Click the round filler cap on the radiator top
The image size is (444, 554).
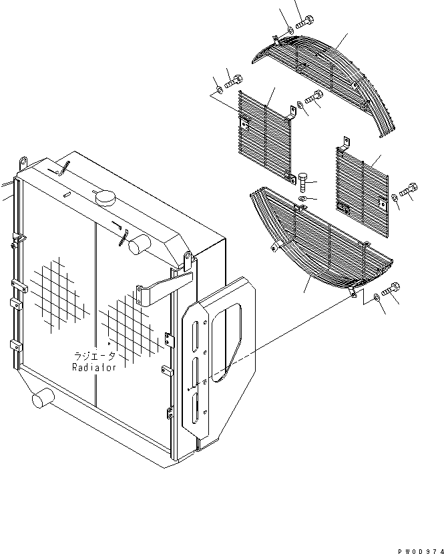(x=105, y=198)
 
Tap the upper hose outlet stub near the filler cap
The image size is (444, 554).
(x=138, y=245)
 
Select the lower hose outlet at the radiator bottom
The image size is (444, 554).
(x=41, y=400)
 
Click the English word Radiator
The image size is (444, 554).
(x=94, y=367)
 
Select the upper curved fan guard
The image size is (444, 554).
(x=334, y=73)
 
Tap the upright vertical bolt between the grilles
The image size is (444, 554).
(x=304, y=181)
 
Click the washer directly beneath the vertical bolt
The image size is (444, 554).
(x=304, y=198)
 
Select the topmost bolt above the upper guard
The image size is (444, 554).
(x=304, y=22)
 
